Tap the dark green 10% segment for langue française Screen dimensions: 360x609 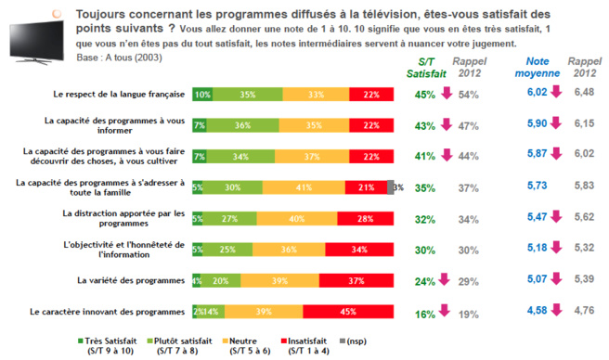point(201,94)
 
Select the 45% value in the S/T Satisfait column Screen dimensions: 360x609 point(425,94)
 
